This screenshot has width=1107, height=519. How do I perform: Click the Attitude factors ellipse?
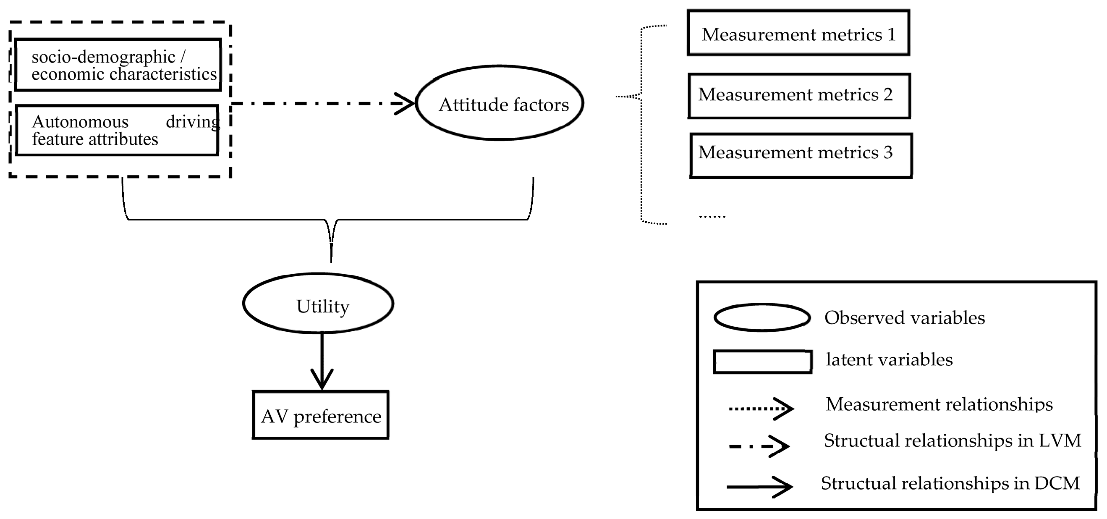(500, 103)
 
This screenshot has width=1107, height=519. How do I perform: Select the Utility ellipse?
(319, 304)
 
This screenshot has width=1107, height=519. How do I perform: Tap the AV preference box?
(321, 415)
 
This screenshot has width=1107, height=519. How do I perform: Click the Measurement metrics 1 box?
(798, 33)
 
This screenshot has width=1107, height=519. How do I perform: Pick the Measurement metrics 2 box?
(799, 95)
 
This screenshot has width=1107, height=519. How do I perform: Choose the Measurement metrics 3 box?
(801, 155)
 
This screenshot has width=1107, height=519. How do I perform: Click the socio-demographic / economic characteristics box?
(118, 65)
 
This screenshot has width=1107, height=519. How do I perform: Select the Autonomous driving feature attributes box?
(117, 130)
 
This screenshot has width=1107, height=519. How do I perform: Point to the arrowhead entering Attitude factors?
(406, 104)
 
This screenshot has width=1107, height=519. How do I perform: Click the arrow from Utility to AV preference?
(322, 361)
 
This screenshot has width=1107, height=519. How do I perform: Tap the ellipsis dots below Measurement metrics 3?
(712, 216)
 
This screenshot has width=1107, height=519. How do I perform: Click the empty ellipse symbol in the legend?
(762, 318)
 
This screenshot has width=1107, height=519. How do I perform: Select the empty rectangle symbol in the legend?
(762, 362)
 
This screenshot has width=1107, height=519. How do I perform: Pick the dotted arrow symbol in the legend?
(761, 409)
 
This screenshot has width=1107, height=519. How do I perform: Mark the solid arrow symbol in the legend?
(760, 487)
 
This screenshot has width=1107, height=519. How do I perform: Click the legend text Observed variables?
(904, 318)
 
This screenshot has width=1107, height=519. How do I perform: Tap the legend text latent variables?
(889, 360)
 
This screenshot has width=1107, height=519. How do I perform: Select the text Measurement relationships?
(939, 405)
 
